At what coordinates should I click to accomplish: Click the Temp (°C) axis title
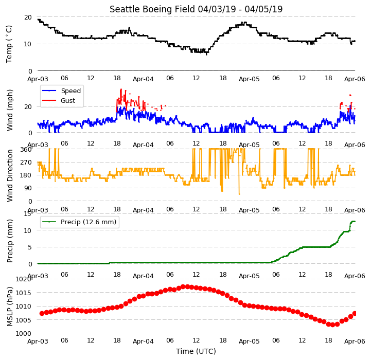(9, 44)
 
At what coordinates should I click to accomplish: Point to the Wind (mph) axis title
(9, 110)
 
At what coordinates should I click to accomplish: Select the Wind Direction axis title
(9, 175)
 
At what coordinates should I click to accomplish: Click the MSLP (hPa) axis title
(9, 307)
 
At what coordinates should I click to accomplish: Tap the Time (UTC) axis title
(196, 351)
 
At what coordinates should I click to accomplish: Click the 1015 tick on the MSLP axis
(24, 293)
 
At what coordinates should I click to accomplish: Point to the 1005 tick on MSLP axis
(24, 320)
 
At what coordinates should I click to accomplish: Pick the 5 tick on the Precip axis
(30, 247)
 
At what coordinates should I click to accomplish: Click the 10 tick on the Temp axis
(28, 44)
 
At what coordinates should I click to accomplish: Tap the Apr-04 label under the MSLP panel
(143, 341)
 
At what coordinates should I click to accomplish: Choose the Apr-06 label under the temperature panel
(355, 79)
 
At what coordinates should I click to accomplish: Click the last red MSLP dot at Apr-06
(355, 313)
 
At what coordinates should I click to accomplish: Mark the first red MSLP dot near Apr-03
(42, 313)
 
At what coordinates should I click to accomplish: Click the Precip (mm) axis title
(9, 241)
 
